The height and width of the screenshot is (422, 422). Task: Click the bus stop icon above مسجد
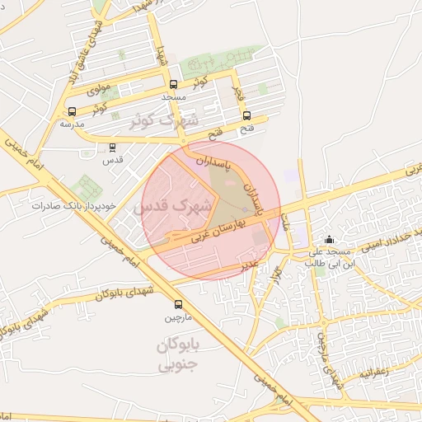[173, 84]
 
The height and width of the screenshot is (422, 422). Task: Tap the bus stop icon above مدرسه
[72, 111]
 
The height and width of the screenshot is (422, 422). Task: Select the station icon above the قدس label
[112, 148]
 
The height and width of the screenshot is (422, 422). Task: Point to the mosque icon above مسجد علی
[328, 239]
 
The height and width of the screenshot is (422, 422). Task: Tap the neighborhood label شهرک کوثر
[165, 120]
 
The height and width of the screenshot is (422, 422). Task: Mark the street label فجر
[239, 91]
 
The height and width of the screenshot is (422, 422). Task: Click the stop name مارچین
[179, 316]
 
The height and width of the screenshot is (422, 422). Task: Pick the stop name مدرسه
[72, 124]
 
